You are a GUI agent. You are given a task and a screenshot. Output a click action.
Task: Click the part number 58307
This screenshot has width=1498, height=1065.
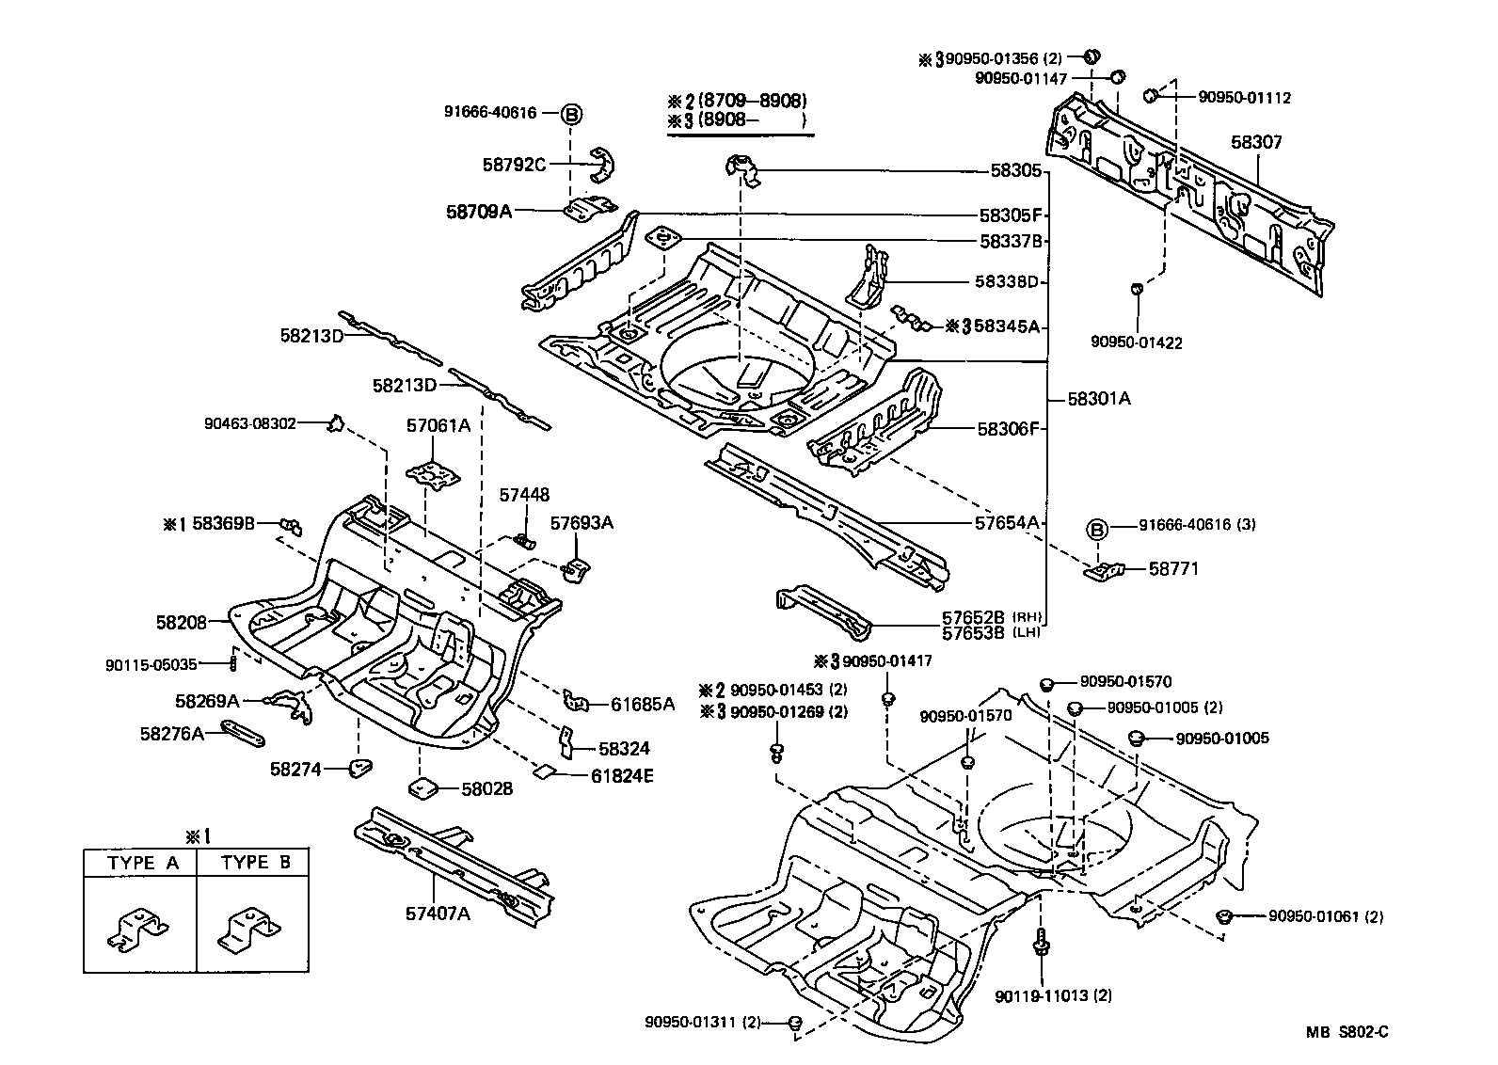point(1256,142)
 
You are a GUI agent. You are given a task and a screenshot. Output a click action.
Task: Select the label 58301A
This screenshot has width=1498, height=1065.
point(1099,398)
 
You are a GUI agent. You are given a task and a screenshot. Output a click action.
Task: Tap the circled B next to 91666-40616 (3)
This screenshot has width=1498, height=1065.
point(1097,529)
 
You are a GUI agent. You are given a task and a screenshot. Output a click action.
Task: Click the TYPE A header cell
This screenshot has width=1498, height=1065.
point(140,863)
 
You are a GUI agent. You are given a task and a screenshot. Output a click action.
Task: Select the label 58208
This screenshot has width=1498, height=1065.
point(181,622)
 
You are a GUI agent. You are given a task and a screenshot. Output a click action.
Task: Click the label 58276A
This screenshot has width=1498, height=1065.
point(172,733)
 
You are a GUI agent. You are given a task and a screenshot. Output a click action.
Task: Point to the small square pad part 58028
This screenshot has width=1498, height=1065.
point(421,787)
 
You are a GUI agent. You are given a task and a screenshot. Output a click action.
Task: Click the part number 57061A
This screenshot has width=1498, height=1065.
point(438,425)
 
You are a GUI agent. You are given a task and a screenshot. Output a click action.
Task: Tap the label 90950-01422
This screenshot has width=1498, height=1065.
point(1137,342)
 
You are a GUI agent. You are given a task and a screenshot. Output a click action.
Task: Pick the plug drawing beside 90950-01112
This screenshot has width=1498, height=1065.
point(1150,95)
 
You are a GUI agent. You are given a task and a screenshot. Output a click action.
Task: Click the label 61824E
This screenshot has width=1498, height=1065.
point(622,775)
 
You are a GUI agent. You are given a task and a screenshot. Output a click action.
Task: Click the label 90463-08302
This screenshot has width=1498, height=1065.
point(250,424)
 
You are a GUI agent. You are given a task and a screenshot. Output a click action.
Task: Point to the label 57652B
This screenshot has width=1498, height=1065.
point(975,616)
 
